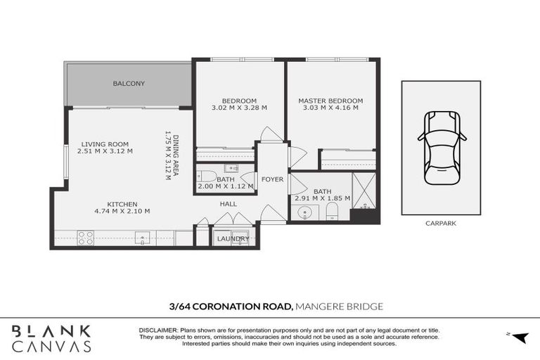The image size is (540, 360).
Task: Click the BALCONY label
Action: pos(129,84)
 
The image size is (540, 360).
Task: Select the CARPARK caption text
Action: pos(441,224)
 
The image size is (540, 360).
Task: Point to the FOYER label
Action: pos(272,179)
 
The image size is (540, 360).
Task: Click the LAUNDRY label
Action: pos(233,239)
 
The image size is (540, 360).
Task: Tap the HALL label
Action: pos(228,204)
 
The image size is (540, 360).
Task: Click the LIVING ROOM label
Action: pos(104,144)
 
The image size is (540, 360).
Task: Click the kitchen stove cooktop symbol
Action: pos(86,238)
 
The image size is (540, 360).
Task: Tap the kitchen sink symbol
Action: pos(143,238)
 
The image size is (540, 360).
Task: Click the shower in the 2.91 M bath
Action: pos(364,191)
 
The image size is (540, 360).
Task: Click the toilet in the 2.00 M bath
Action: pos(207,175)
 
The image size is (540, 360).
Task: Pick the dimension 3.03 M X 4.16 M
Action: pos(330,108)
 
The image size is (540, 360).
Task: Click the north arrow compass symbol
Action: pos(519,337)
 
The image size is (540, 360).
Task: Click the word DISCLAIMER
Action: pos(162,330)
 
